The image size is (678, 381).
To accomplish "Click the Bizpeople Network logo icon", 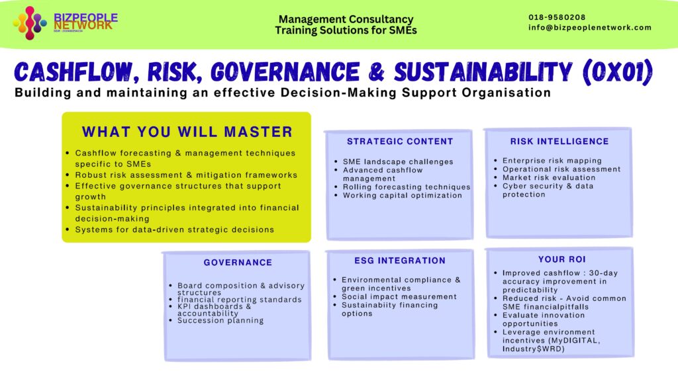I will pyautogui.click(x=30, y=22).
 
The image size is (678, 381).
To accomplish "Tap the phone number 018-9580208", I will pyautogui.click(x=557, y=17).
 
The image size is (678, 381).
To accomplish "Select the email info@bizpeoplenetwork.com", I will pyautogui.click(x=590, y=28).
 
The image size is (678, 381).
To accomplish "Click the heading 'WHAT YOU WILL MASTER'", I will pyautogui.click(x=187, y=132).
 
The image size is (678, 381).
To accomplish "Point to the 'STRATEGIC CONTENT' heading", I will pyautogui.click(x=400, y=142).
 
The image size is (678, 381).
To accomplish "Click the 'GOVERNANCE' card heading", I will pyautogui.click(x=238, y=263).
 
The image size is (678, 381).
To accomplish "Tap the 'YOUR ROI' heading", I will pyautogui.click(x=562, y=259).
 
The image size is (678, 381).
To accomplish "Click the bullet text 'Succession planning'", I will pyautogui.click(x=220, y=321).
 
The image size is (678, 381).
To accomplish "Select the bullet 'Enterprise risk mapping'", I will pyautogui.click(x=552, y=161).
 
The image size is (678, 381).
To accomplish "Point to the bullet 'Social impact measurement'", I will pyautogui.click(x=399, y=297).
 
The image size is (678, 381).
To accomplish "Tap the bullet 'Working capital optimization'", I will pyautogui.click(x=403, y=196).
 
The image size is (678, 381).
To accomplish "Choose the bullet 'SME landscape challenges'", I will pyautogui.click(x=398, y=162).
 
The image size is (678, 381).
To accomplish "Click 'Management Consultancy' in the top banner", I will pyautogui.click(x=346, y=20).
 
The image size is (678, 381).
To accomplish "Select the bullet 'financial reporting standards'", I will pyautogui.click(x=240, y=300).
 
